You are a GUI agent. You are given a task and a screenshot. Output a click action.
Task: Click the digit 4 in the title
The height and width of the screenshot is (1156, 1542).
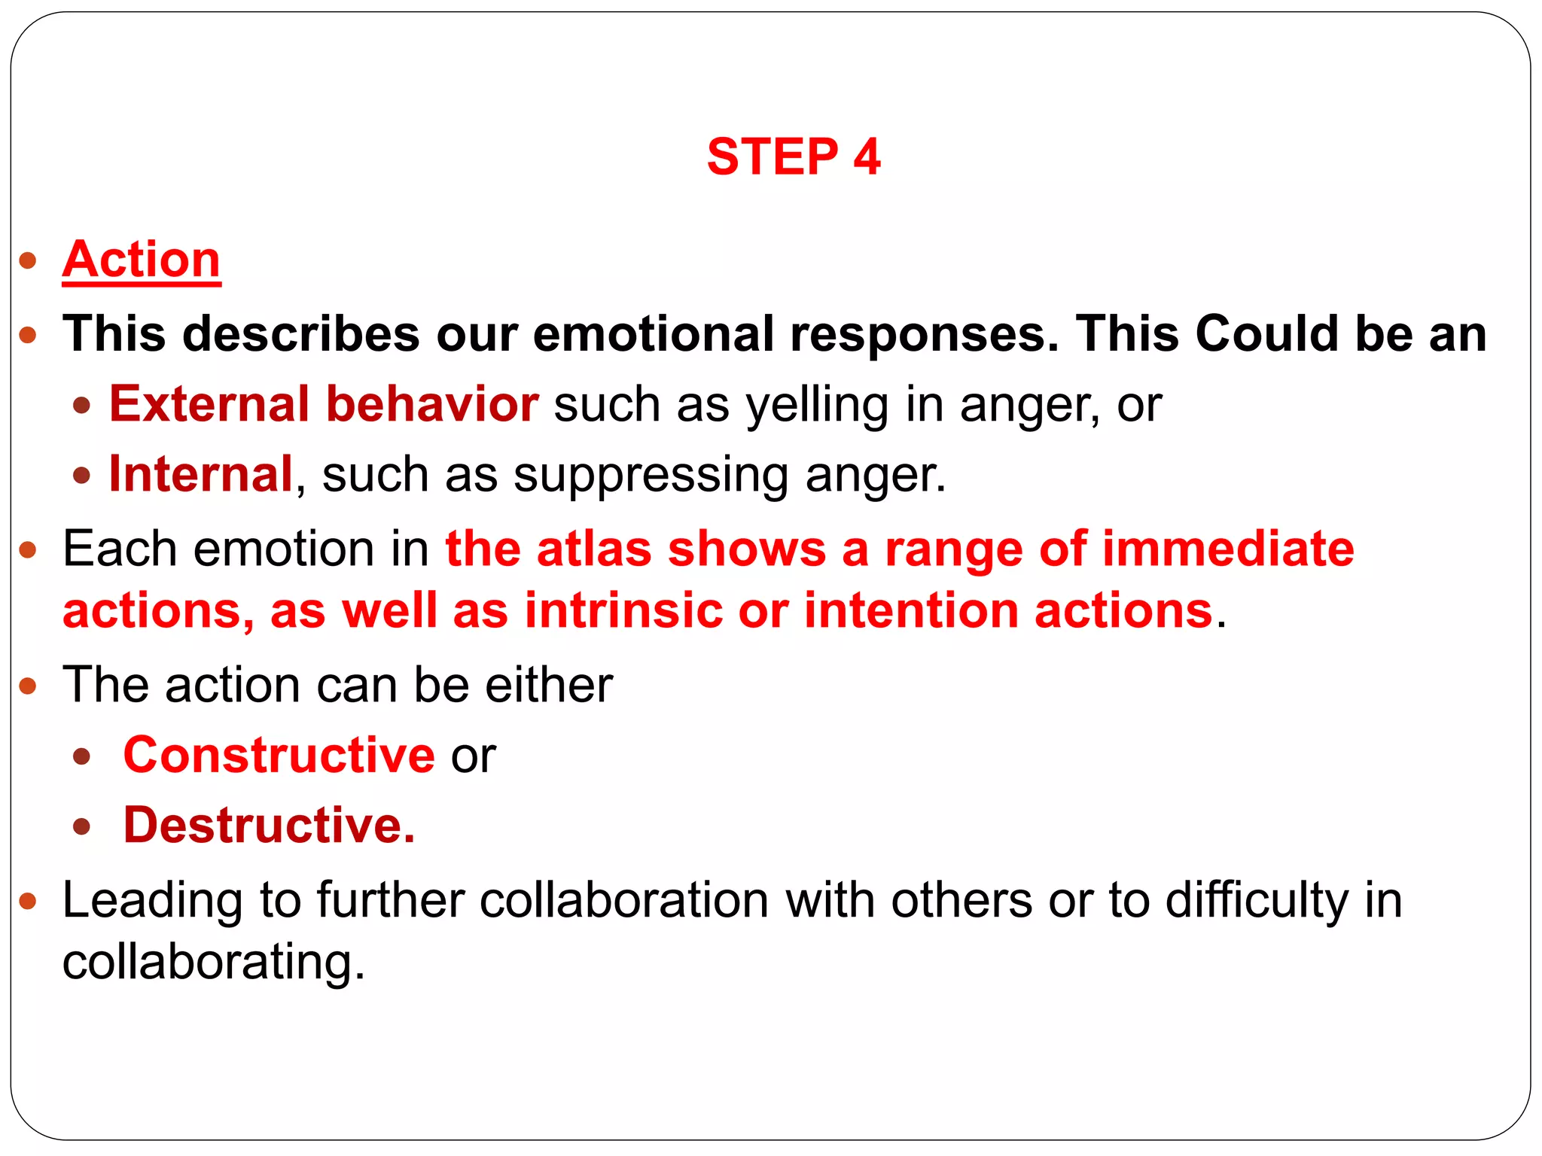[867, 157]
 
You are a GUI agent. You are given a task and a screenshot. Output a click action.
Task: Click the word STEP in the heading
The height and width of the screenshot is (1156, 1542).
[773, 157]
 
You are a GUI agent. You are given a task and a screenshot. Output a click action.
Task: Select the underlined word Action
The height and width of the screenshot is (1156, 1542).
[142, 260]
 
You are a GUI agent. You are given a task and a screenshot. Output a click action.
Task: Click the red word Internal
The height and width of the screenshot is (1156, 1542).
[201, 474]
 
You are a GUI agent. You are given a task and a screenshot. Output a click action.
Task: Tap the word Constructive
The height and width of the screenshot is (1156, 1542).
[279, 755]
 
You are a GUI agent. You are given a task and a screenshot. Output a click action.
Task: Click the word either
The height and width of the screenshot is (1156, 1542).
[549, 685]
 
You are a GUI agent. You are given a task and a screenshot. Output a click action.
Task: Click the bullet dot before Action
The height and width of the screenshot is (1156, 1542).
[29, 261]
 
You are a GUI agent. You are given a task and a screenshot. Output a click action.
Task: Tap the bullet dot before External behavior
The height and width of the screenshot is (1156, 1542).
[82, 406]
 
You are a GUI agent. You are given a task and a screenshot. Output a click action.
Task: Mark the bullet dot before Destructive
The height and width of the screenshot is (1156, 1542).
[82, 826]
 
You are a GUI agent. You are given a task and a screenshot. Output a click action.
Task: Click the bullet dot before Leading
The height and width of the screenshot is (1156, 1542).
[29, 900]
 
